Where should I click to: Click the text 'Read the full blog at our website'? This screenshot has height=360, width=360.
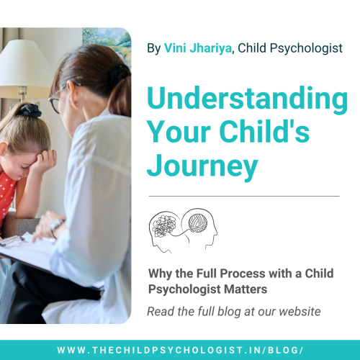click(233, 311)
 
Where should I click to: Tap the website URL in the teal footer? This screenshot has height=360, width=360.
click(180, 349)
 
